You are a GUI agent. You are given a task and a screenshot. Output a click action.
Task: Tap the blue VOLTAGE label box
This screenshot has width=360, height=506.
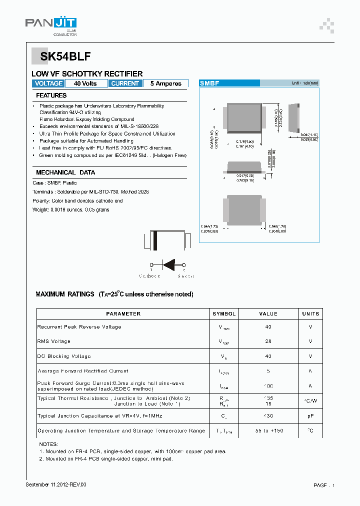click(48, 83)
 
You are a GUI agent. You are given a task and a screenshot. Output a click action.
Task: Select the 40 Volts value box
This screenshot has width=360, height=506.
click(85, 83)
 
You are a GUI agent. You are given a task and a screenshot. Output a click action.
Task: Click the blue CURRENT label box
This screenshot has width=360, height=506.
click(125, 83)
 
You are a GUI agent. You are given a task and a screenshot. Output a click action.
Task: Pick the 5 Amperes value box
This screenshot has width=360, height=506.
click(165, 83)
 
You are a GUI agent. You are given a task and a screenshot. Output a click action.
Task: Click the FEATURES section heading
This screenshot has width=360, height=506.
click(51, 95)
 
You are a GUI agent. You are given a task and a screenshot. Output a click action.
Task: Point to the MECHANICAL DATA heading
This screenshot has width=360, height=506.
click(65, 172)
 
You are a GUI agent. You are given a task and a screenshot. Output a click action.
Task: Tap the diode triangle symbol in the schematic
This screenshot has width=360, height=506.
click(171, 265)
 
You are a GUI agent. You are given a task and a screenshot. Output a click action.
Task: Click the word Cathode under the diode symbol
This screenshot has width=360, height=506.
click(149, 276)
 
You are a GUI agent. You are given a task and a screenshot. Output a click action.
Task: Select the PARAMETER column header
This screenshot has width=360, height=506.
click(123, 314)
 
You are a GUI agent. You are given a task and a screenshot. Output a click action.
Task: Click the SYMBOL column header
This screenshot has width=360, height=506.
click(224, 314)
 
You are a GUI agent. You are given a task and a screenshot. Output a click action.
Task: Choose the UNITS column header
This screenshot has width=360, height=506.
click(310, 314)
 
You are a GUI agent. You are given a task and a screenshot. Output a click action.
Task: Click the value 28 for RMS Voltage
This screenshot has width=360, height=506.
click(268, 341)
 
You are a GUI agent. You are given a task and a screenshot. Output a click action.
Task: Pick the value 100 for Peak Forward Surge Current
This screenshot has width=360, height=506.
click(268, 386)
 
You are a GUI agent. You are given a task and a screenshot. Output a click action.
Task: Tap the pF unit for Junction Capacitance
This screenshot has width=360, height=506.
click(310, 416)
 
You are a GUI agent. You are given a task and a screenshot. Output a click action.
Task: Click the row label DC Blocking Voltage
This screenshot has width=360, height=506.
click(64, 356)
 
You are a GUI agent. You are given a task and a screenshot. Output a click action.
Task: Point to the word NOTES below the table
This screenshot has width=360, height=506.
click(48, 444)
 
